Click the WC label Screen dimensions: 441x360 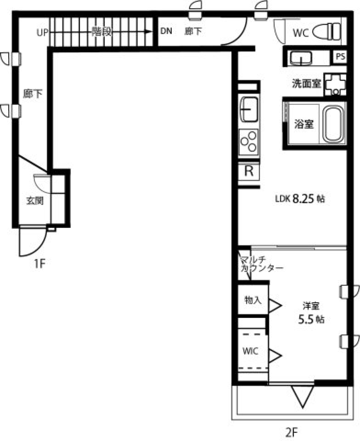tap(300, 33)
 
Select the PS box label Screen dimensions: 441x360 tap(340, 57)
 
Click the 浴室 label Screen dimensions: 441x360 tap(303, 124)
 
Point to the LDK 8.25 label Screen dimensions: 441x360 tap(300, 199)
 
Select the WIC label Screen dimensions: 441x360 tap(250, 351)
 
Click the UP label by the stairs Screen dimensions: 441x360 tap(42, 33)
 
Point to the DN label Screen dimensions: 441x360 tap(166, 31)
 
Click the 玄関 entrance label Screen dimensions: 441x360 tap(34, 201)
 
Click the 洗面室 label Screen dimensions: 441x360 tap(307, 83)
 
